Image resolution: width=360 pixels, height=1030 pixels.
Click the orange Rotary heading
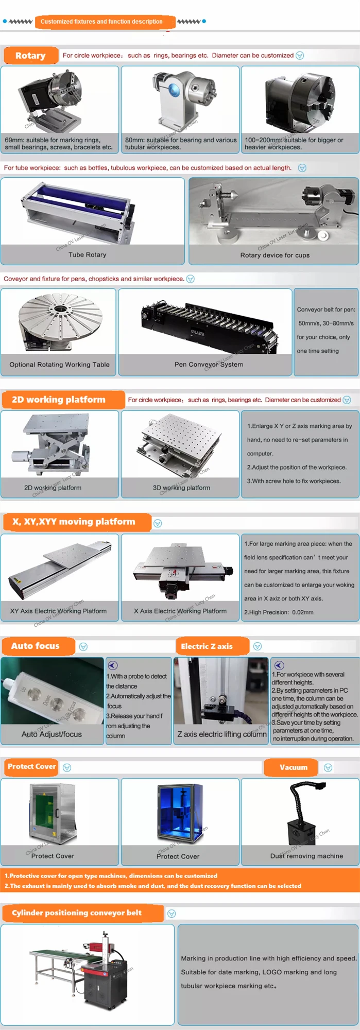click(30, 56)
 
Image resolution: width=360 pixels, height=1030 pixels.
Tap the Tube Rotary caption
click(87, 255)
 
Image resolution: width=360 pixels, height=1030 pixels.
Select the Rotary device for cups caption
click(275, 255)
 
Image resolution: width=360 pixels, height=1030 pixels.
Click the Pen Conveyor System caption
click(209, 365)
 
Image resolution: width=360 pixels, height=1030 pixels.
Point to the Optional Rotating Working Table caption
click(59, 365)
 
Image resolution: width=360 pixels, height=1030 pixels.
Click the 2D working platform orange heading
click(59, 400)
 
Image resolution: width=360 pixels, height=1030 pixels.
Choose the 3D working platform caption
click(181, 488)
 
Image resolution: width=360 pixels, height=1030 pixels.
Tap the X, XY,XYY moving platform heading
click(74, 522)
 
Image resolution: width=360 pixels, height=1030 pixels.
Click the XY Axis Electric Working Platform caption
click(58, 611)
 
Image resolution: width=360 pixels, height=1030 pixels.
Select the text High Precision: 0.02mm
click(279, 612)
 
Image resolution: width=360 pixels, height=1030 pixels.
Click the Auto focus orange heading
click(36, 646)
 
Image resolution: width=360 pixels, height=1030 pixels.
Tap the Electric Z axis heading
click(207, 646)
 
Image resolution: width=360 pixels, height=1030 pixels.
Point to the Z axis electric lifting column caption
click(222, 734)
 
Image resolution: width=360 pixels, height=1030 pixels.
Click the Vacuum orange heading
click(293, 767)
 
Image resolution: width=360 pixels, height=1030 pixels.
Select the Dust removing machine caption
click(306, 856)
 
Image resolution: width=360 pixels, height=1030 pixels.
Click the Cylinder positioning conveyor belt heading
click(77, 913)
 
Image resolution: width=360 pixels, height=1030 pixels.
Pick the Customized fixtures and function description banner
click(101, 22)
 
